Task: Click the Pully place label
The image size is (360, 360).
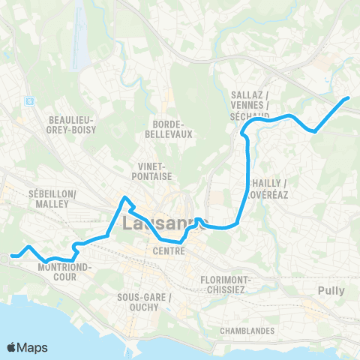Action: pos(331,290)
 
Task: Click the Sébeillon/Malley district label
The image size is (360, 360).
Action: pos(52,198)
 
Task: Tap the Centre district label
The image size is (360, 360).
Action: pos(169,250)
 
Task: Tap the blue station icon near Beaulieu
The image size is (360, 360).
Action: pos(29,100)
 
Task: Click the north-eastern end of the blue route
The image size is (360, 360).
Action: pos(348,97)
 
